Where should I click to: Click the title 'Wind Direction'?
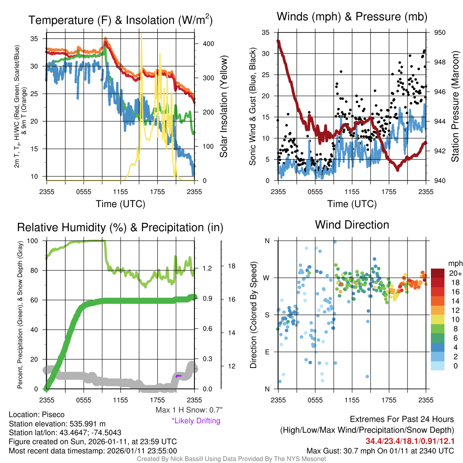[352, 225]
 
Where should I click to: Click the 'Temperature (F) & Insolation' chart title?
[121, 20]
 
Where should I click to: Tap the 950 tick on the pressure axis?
[439, 33]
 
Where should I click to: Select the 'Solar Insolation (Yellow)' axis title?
[224, 107]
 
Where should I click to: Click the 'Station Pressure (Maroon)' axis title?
[455, 107]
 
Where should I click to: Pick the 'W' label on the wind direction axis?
[267, 278]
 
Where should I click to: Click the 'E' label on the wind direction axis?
[267, 352]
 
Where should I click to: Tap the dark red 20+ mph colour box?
[438, 273]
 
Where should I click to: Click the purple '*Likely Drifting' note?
[196, 421]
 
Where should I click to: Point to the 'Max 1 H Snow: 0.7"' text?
[189, 410]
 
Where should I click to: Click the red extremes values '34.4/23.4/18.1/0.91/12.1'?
[410, 441]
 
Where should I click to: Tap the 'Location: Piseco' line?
[37, 415]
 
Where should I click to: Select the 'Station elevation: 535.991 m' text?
[57, 424]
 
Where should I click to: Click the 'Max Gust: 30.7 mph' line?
[380, 450]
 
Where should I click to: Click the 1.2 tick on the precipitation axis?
[207, 268]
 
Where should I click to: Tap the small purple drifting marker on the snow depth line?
[179, 376]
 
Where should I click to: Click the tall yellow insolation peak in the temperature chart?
[142, 36]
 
